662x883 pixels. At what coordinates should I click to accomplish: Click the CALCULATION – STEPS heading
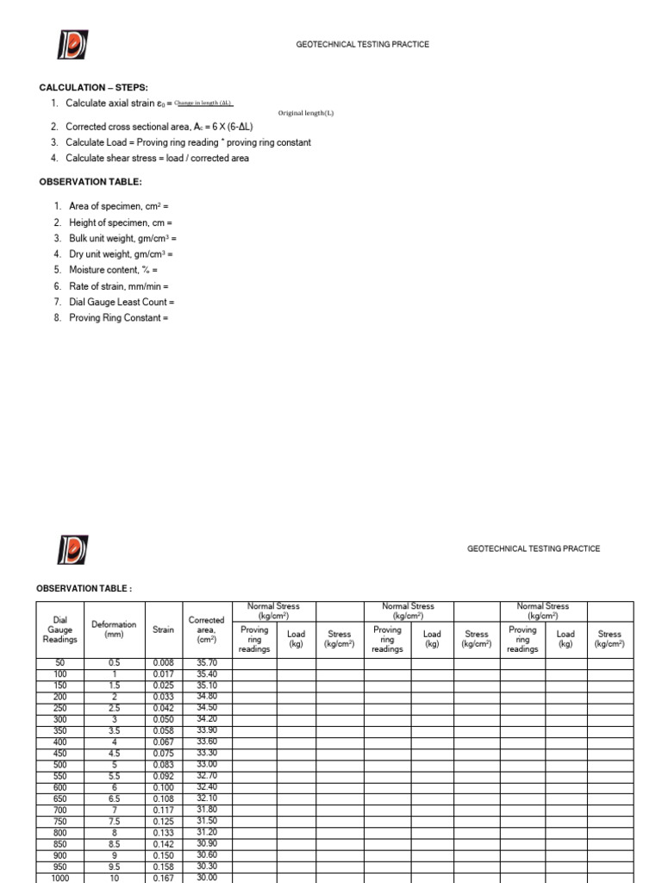point(94,88)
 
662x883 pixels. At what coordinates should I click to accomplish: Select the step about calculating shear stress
point(158,159)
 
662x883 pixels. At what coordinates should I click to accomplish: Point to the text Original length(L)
point(305,113)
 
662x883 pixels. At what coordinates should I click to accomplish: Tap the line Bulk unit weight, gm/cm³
point(122,238)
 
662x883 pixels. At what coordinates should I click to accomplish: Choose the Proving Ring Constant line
point(118,318)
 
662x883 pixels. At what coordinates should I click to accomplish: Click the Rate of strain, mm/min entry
point(119,286)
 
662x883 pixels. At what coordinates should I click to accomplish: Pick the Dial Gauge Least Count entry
point(122,302)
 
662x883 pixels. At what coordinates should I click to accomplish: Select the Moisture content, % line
point(114,270)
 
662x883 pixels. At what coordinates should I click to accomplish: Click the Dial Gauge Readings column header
point(60,629)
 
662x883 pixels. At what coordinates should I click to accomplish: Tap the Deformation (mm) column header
point(114,629)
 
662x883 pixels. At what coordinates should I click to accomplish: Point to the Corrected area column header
point(206,629)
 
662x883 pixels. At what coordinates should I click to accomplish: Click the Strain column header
point(163,629)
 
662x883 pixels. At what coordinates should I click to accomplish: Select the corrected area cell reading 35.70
point(206,662)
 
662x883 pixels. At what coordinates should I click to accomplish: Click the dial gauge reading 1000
point(60,877)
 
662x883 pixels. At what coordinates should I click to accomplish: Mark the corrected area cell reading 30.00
point(206,877)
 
